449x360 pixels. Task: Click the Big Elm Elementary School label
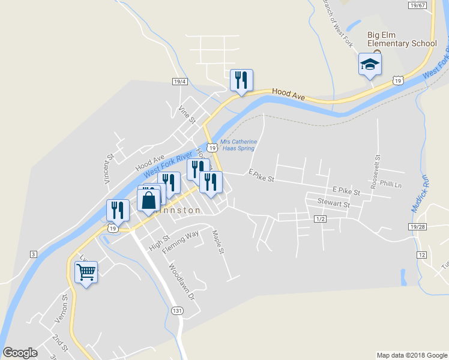click(x=402, y=40)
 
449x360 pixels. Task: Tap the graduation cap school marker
click(x=370, y=64)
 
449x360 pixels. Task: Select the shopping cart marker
click(x=86, y=272)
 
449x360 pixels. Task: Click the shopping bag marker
click(x=149, y=200)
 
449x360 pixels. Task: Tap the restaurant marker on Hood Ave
click(x=241, y=80)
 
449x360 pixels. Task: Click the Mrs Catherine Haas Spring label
click(x=238, y=145)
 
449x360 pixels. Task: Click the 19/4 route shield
click(x=179, y=82)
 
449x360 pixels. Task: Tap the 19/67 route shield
click(x=417, y=5)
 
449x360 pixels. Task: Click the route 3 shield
click(x=34, y=254)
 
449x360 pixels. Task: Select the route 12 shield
click(x=423, y=255)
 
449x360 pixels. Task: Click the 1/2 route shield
click(x=319, y=220)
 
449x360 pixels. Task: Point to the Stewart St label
click(x=333, y=203)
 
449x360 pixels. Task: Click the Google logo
click(x=20, y=353)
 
